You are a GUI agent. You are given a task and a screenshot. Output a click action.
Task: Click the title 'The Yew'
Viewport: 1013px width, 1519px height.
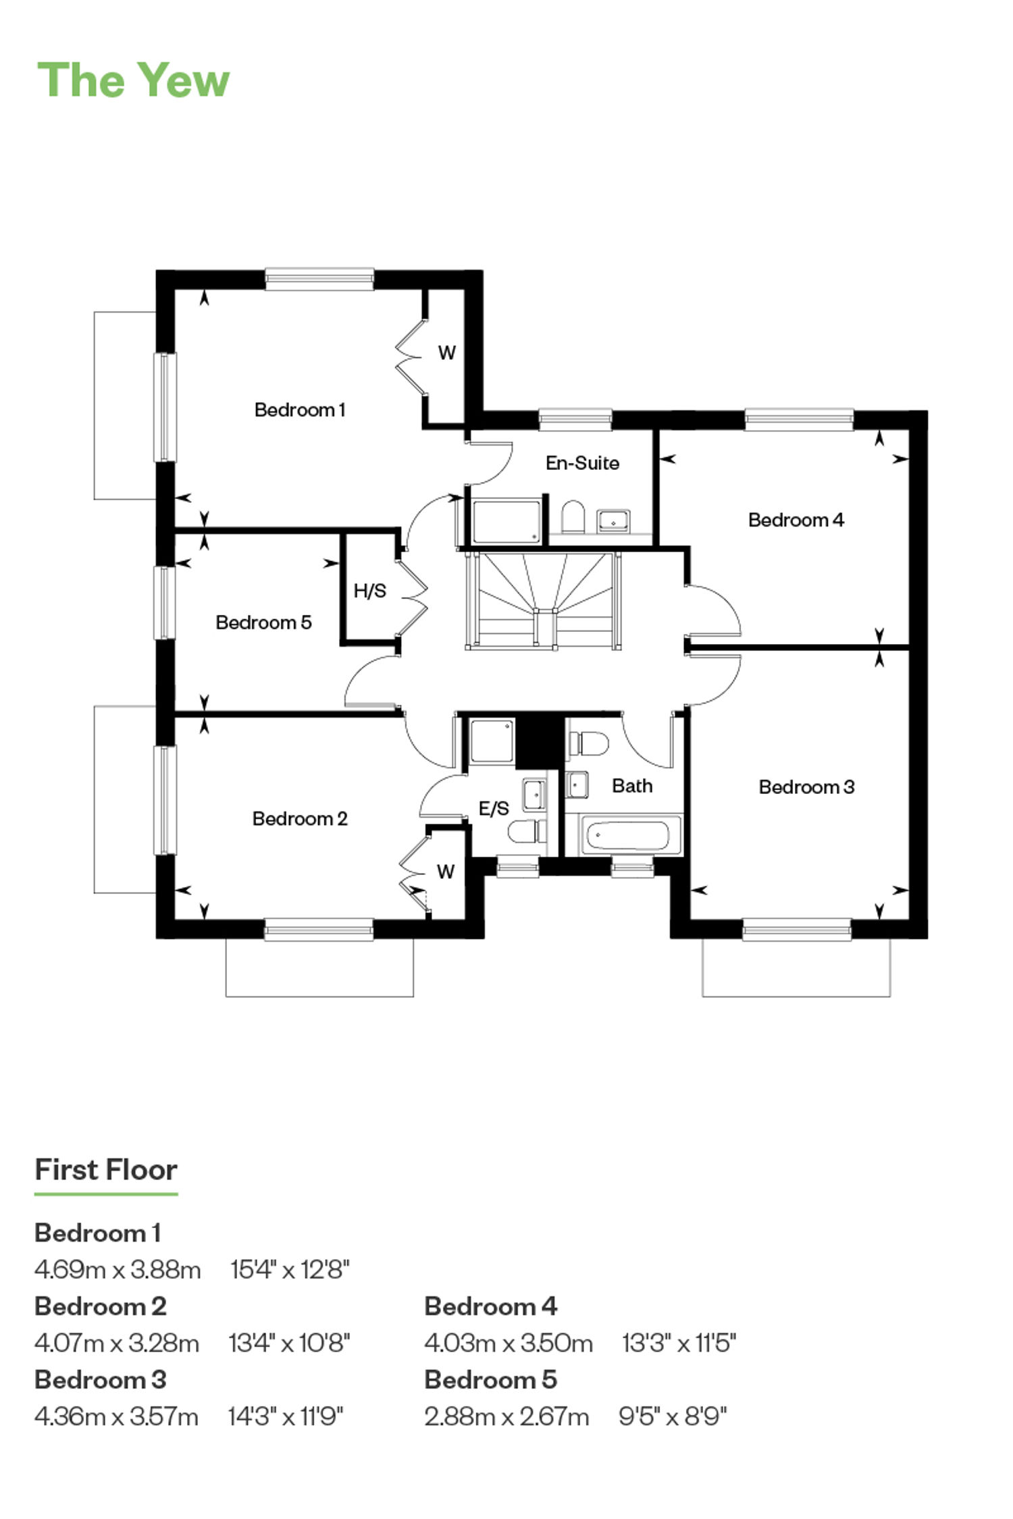(133, 80)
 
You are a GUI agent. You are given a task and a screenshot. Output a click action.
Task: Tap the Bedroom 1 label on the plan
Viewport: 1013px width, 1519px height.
(300, 410)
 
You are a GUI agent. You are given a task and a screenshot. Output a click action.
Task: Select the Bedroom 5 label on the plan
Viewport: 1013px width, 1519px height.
(263, 622)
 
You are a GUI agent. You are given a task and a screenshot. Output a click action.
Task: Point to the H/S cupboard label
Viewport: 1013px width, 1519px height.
(370, 591)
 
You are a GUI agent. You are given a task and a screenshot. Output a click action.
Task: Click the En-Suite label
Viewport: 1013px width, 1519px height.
(582, 463)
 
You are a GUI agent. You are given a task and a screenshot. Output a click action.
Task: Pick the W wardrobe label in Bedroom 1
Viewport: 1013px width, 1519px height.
(446, 352)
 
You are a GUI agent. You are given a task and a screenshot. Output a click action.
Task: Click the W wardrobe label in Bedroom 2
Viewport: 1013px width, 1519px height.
(446, 872)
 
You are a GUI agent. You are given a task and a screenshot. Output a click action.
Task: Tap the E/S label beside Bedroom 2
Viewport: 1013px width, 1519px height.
(494, 808)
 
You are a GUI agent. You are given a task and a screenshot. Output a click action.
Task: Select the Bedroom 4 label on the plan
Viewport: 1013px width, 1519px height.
(796, 520)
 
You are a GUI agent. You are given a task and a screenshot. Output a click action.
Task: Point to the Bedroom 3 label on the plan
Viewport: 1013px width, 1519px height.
(806, 787)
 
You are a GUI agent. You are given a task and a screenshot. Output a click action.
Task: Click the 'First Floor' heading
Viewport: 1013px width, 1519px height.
(106, 1170)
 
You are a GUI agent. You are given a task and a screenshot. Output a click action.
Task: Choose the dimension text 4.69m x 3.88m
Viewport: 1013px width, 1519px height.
(118, 1270)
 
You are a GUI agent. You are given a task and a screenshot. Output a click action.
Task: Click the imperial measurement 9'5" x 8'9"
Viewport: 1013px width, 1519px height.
(673, 1416)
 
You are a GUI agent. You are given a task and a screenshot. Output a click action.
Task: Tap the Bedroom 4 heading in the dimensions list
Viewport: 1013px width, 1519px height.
(491, 1306)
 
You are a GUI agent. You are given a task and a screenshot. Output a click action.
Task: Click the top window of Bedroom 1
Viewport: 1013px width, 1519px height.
(319, 279)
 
